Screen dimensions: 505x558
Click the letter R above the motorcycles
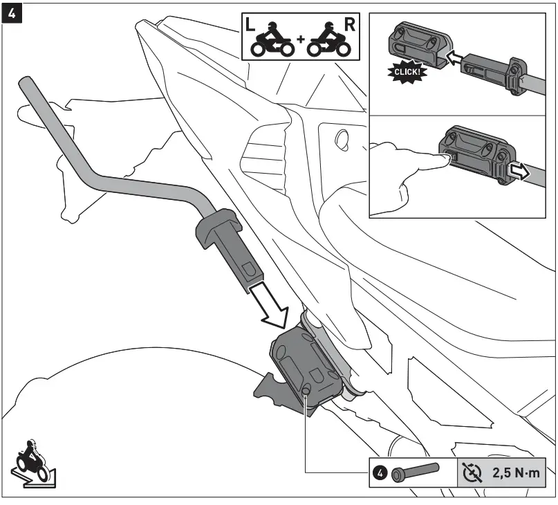(x=350, y=26)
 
